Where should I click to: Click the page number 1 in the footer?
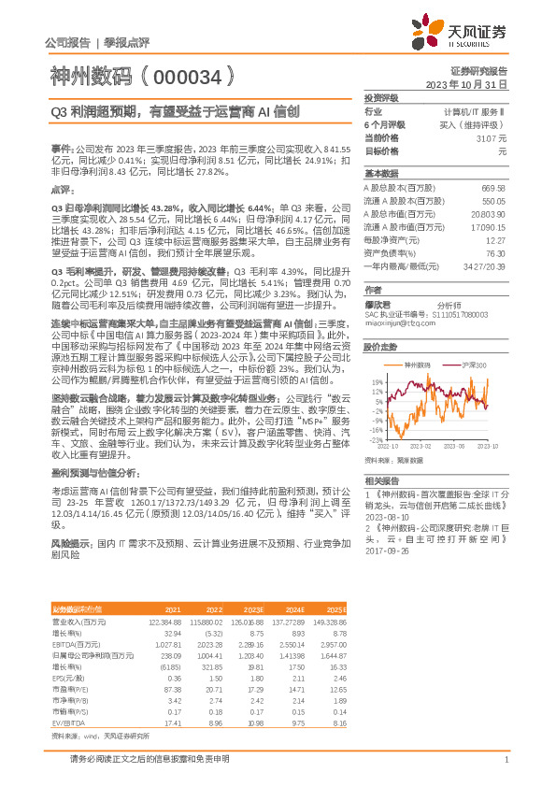(506, 761)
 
